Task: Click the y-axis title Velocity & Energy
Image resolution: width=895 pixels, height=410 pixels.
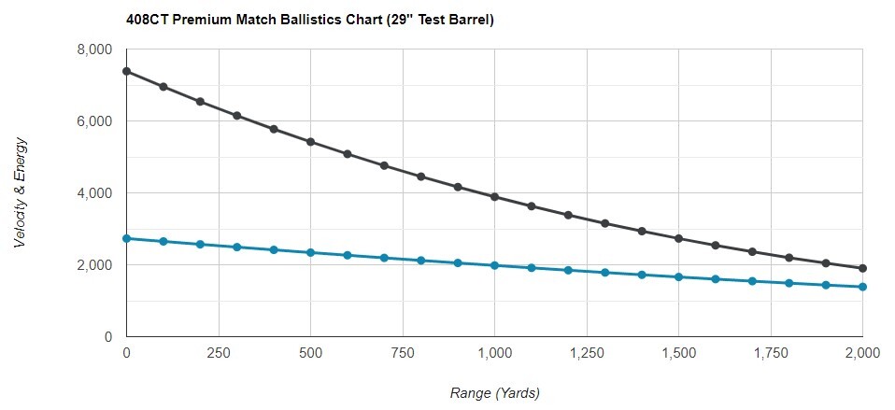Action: point(21,192)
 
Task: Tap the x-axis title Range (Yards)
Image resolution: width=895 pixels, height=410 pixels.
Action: point(494,392)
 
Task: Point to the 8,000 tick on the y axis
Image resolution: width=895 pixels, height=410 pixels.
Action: point(93,49)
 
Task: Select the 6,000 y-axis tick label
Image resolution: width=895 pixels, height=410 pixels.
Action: point(93,121)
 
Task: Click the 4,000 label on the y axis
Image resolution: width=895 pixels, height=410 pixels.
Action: point(93,193)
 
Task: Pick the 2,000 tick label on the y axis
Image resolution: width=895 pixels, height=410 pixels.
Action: point(93,265)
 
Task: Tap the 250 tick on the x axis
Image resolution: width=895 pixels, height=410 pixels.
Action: point(218,352)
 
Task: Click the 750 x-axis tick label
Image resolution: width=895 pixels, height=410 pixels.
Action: point(402,352)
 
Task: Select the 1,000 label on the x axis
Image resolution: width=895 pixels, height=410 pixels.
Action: point(494,352)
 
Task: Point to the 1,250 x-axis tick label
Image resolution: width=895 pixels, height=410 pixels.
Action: point(586,352)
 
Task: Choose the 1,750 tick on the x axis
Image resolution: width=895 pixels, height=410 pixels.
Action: point(770,352)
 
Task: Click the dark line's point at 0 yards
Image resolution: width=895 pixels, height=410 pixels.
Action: point(126,71)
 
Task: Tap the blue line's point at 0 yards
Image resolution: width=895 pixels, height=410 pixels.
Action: point(126,238)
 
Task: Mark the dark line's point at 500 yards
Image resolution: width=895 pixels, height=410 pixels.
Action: point(310,142)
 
